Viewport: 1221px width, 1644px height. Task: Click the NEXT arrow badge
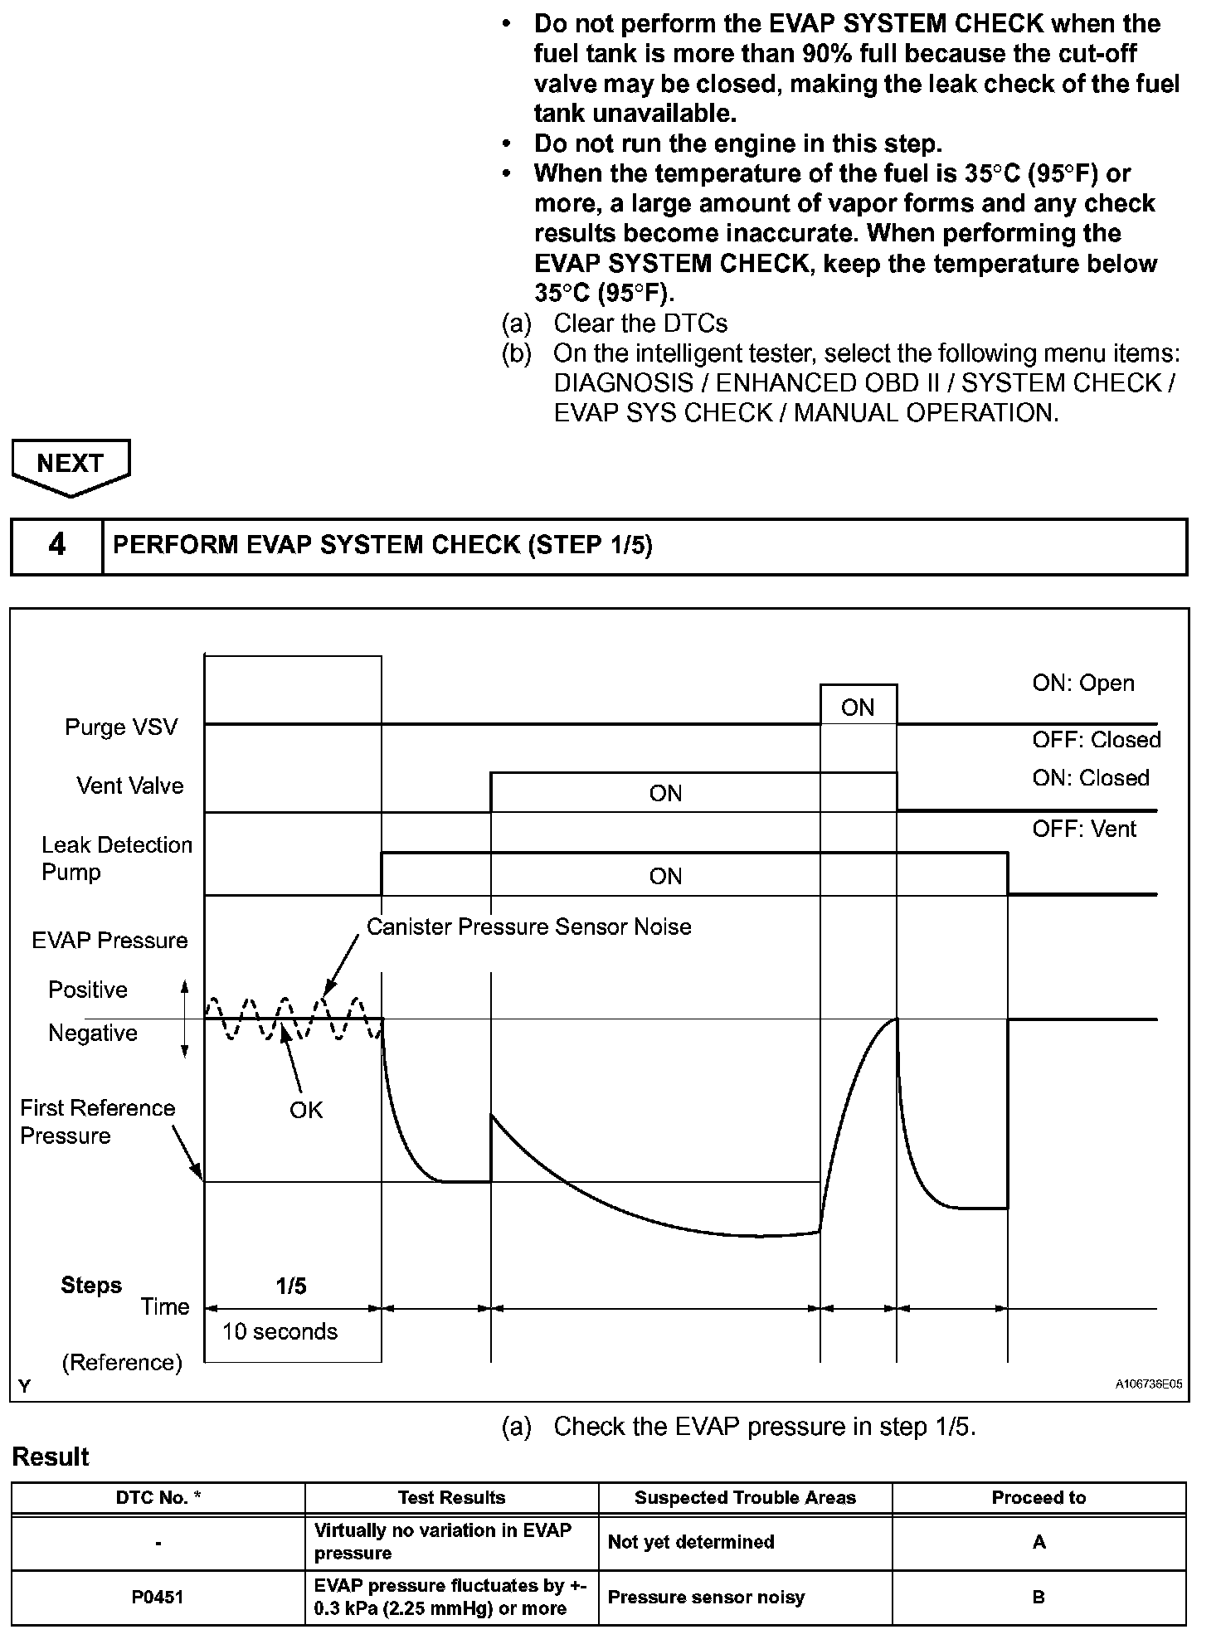[71, 465]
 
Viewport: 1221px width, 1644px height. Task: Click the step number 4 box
[56, 546]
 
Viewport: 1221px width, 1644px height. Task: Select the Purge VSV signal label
[121, 727]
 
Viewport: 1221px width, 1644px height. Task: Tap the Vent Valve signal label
[129, 786]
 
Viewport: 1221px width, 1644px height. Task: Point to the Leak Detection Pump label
[116, 858]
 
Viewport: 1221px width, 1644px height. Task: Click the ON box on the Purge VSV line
[858, 707]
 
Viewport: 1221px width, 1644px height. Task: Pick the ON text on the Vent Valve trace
[665, 794]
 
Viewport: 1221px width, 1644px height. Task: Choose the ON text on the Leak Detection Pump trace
[665, 877]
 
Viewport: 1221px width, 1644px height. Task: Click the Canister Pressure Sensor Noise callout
[528, 927]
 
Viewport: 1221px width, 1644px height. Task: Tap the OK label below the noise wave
[305, 1110]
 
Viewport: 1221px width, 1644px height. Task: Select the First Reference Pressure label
[97, 1121]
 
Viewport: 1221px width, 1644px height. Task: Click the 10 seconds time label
[280, 1331]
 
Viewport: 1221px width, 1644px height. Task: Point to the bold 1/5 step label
[291, 1286]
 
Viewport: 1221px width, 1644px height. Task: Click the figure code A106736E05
[1148, 1384]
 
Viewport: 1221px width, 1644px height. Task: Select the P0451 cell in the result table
[158, 1597]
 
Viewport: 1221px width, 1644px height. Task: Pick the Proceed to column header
[1039, 1497]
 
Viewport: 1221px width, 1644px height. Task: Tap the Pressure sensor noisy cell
[706, 1597]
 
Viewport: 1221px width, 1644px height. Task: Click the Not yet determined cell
[691, 1542]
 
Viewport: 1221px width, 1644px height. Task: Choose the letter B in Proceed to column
[1039, 1597]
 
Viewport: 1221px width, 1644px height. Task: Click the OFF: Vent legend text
[1083, 829]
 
